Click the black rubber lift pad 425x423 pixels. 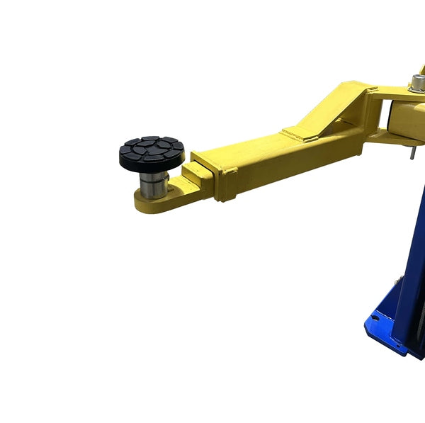[152, 153]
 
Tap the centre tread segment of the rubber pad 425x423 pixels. [151, 148]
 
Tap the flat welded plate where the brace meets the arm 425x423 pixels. [300, 132]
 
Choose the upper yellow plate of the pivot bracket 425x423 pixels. [393, 92]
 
